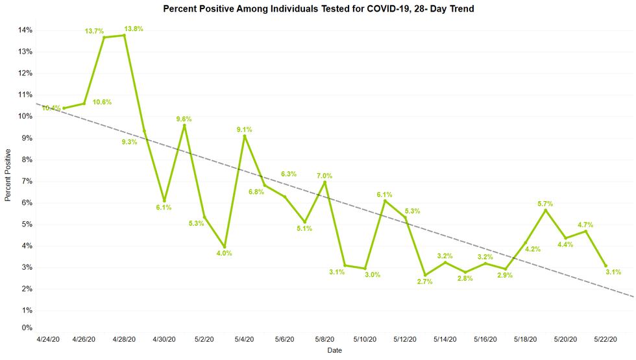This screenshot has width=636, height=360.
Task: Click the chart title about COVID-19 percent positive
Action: click(318, 9)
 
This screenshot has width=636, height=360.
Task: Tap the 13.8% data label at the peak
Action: click(134, 29)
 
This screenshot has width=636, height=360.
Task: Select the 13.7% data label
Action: click(95, 31)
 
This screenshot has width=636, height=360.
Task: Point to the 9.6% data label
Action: click(184, 119)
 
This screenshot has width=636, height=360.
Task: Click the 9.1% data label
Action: click(244, 130)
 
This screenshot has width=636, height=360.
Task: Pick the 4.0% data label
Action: click(224, 253)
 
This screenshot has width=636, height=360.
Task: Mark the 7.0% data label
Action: click(324, 176)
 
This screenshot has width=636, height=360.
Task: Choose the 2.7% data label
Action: click(424, 281)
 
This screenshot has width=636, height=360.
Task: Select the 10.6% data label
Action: click(103, 102)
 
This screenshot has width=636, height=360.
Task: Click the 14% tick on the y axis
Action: click(25, 30)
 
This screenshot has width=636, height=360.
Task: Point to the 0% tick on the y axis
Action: click(27, 328)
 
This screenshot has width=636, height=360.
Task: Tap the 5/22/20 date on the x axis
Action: click(605, 339)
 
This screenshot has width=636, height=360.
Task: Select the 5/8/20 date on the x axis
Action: click(324, 339)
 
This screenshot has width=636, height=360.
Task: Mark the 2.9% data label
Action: click(504, 275)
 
